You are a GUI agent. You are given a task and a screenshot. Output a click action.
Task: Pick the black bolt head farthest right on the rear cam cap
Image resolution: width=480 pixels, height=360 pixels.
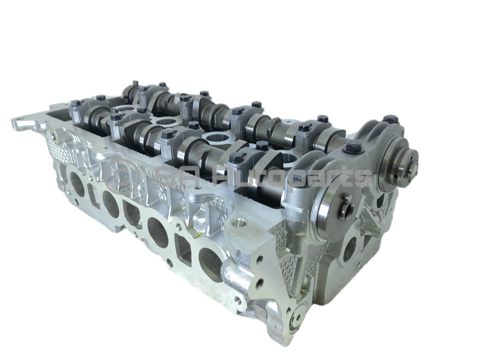(391, 119)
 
